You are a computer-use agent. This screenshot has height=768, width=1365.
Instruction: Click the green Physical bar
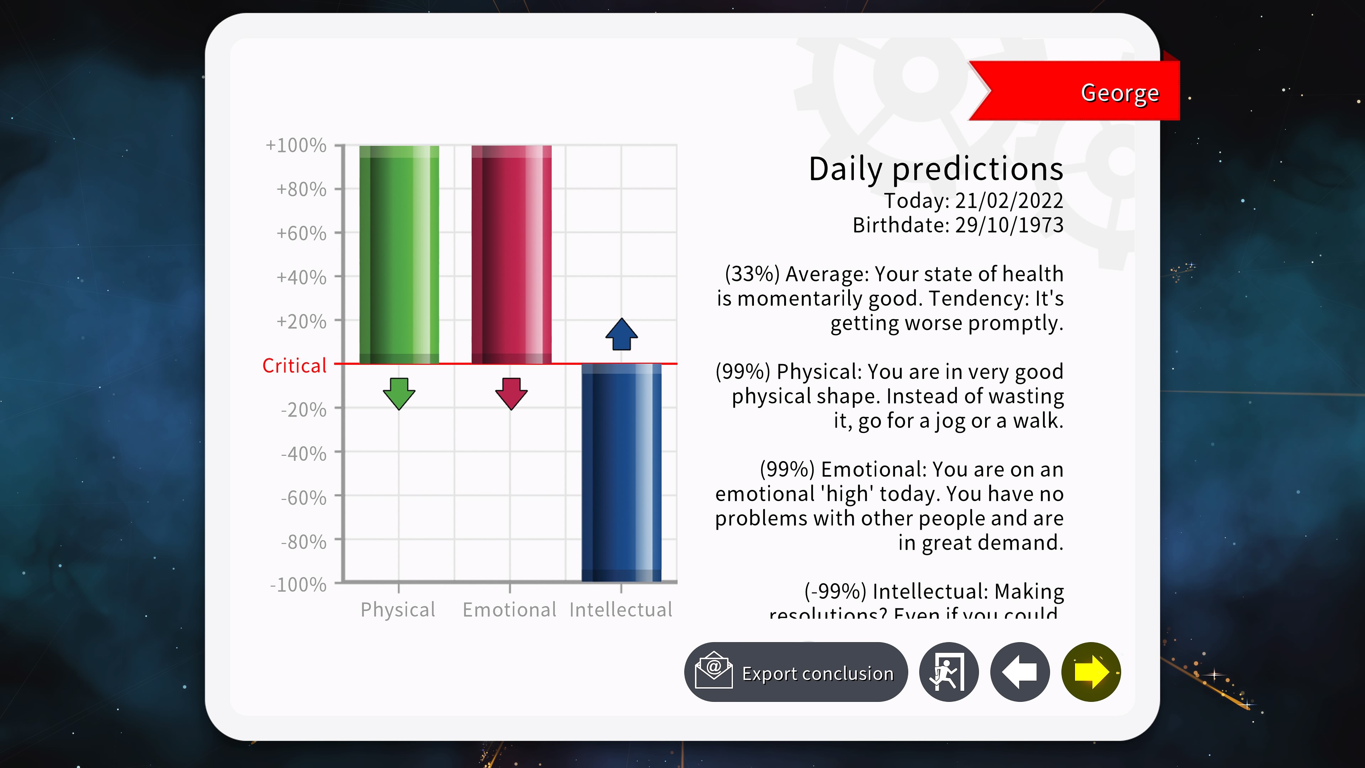point(399,255)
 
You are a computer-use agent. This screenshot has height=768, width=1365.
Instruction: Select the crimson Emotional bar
point(512,255)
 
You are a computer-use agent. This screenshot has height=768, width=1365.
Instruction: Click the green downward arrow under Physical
point(399,393)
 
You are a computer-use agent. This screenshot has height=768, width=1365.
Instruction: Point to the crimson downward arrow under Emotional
point(512,393)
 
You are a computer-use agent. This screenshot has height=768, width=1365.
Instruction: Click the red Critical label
point(295,366)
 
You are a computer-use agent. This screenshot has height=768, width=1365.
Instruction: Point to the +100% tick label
point(296,145)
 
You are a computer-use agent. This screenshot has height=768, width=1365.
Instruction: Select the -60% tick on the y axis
point(304,498)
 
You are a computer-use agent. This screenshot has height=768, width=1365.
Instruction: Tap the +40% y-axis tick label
point(301,277)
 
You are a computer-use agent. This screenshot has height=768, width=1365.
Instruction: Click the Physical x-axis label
point(398,609)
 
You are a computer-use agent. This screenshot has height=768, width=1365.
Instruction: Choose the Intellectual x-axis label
point(621,609)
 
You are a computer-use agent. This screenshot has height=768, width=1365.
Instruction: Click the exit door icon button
point(948,672)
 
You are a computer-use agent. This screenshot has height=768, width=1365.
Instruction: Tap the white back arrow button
point(1019,672)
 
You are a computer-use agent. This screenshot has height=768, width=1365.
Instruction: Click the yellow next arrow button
point(1091,672)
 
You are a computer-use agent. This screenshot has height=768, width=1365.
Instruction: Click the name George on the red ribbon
point(1120,93)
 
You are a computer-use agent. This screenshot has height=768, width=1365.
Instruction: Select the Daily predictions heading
point(936,169)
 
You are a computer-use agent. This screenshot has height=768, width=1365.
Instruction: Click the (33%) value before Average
point(752,274)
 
